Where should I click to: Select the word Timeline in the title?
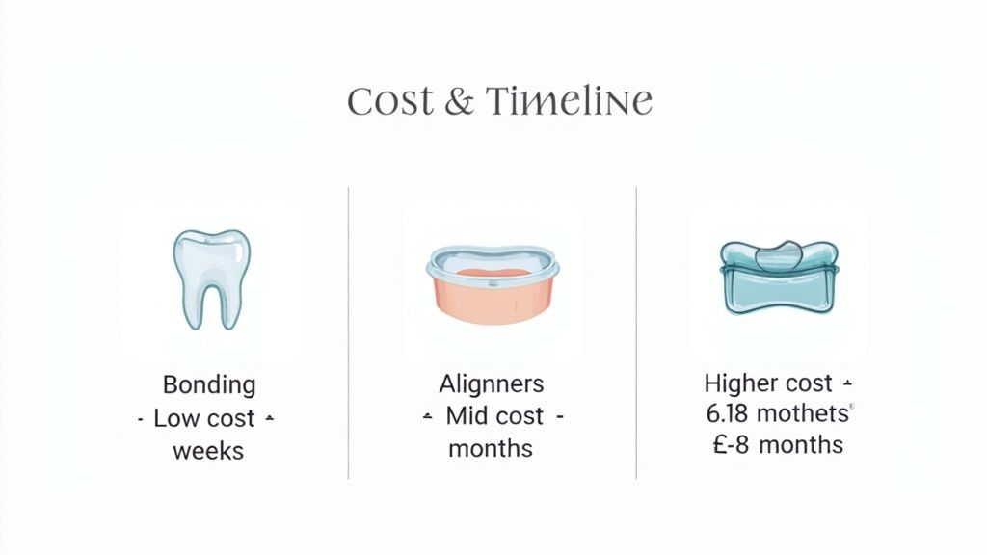click(569, 101)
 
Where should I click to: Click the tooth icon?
click(209, 278)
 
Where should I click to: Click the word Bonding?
click(209, 385)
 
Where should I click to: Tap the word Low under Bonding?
click(177, 419)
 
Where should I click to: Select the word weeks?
click(208, 451)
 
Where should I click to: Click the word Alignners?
click(492, 384)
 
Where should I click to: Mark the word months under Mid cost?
click(491, 449)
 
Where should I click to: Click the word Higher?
click(740, 383)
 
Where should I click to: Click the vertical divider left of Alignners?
click(348, 332)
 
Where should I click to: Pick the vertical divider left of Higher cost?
click(636, 332)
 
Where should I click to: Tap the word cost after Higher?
click(808, 383)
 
